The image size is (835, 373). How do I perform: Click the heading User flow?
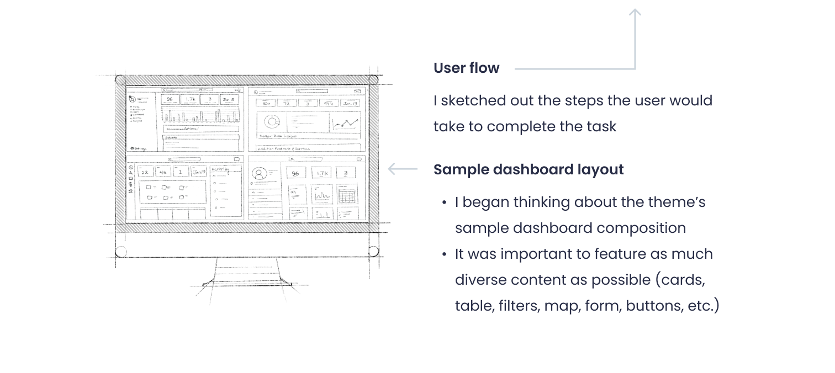click(466, 68)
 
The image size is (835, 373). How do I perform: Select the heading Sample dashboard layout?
click(528, 169)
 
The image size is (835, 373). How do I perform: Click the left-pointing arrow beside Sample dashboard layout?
click(401, 169)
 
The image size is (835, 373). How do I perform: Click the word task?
click(600, 126)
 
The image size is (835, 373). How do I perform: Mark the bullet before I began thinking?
click(444, 203)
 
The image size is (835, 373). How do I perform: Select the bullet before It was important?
click(444, 254)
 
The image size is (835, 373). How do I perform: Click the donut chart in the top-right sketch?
click(271, 122)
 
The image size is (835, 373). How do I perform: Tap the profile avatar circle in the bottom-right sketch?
click(257, 173)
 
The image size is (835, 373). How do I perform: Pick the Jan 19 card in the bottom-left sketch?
click(199, 172)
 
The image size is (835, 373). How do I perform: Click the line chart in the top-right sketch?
click(345, 124)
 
